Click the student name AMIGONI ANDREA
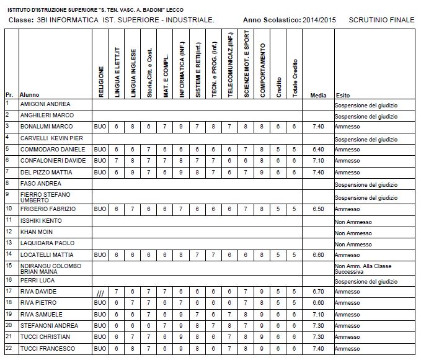[45, 104]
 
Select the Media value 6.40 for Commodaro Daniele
[319, 149]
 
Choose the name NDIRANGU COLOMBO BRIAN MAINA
[50, 268]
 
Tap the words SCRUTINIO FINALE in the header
[382, 20]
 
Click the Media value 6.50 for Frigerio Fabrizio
[319, 209]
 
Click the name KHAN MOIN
[37, 232]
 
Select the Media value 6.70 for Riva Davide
[319, 291]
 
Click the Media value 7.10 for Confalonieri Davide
[319, 161]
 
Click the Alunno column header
[30, 96]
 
